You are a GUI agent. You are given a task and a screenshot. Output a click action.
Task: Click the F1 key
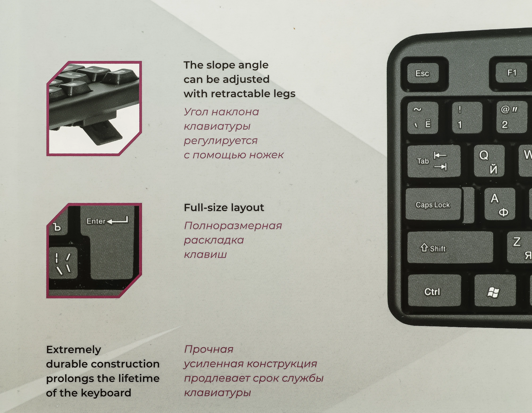click(x=511, y=73)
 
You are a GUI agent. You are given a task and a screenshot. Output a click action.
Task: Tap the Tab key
click(x=434, y=161)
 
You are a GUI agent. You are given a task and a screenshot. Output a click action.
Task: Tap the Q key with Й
click(x=489, y=161)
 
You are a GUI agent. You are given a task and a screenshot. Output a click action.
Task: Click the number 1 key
click(x=467, y=117)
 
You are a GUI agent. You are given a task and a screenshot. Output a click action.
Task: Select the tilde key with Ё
click(x=423, y=117)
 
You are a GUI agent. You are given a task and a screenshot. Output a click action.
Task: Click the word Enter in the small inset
click(x=96, y=221)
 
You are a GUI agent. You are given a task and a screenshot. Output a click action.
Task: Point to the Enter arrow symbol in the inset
click(x=117, y=220)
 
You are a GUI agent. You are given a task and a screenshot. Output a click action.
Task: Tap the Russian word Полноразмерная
click(x=233, y=226)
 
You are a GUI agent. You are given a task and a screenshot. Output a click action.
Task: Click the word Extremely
click(x=74, y=350)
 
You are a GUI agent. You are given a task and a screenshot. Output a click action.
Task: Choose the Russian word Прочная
click(x=209, y=349)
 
